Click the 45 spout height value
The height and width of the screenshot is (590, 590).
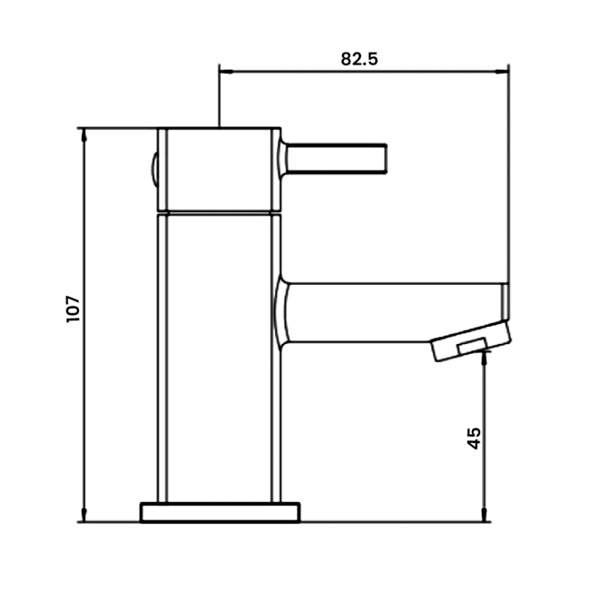pos(473,438)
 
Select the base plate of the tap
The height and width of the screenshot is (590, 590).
pos(220,511)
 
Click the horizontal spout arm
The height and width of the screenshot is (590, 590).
pos(390,311)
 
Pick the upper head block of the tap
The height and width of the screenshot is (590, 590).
pos(218,169)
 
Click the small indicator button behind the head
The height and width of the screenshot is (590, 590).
pos(154,169)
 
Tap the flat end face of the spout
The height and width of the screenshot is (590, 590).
pos(506,309)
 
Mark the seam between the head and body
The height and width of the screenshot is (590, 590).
pos(218,211)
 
